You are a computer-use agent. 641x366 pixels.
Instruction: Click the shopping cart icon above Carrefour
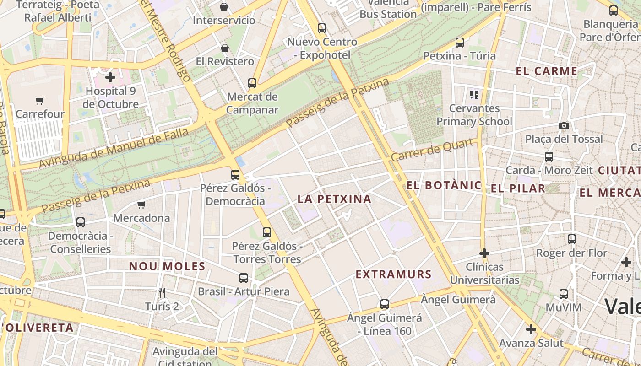coord(40,101)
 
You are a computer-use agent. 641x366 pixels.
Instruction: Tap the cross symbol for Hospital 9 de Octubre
coord(110,77)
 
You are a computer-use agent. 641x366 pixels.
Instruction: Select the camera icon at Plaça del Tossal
coord(564,125)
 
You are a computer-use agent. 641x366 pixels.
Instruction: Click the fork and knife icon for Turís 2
coord(162,292)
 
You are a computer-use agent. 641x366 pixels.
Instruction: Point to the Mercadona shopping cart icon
coord(141,205)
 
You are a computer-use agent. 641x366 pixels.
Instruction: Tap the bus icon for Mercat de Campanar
coord(252,83)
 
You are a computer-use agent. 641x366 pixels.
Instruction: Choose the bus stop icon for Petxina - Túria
coord(459,43)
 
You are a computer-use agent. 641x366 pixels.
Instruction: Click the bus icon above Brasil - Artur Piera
coord(243,278)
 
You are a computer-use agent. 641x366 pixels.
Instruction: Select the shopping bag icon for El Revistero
coord(224,48)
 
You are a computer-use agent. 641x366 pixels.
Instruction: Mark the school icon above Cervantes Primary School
coord(474,95)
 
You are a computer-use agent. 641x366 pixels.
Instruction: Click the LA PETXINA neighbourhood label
coord(334,199)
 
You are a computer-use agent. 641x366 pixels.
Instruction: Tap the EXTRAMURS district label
coord(393,274)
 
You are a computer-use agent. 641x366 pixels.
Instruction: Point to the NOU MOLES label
coord(167,266)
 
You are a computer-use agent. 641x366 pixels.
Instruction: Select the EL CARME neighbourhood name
coord(546,71)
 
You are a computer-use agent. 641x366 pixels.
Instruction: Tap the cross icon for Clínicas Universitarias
coord(484,253)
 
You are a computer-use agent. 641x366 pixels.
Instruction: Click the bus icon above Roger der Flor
coord(571,239)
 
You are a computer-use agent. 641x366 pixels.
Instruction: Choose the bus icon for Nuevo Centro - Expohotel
coord(322,28)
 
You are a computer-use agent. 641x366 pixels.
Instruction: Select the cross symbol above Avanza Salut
coord(531,329)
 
